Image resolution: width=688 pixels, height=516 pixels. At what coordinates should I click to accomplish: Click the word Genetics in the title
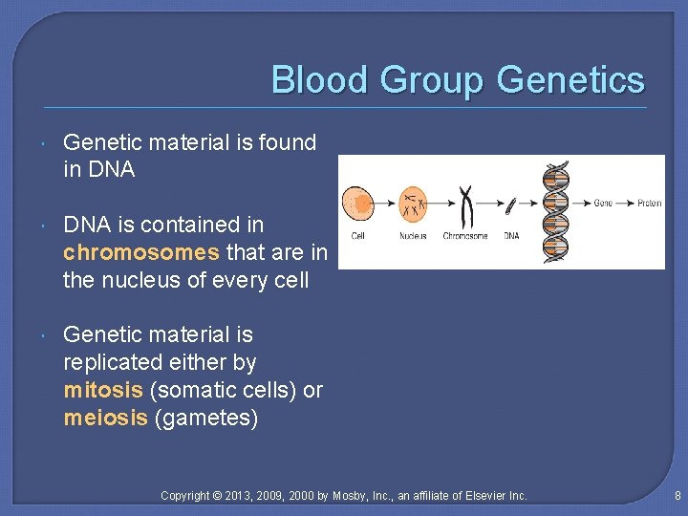(x=571, y=80)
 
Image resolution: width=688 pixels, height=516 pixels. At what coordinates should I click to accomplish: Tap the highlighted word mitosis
(x=102, y=390)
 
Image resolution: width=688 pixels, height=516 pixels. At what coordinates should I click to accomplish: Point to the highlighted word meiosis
(x=105, y=418)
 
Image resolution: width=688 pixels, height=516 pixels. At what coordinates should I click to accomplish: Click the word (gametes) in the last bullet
(x=205, y=418)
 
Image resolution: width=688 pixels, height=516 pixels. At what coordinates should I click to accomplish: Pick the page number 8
(x=677, y=495)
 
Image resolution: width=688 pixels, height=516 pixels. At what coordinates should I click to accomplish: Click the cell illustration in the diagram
(x=357, y=204)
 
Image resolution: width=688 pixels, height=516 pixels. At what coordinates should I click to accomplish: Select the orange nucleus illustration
(x=414, y=203)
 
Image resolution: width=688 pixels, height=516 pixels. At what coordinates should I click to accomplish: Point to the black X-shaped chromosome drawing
(x=466, y=204)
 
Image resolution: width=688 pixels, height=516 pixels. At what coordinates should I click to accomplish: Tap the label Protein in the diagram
(x=650, y=204)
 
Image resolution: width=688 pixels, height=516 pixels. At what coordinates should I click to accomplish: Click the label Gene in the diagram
(x=603, y=204)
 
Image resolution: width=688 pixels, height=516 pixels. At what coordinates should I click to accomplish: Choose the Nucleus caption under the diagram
(x=414, y=236)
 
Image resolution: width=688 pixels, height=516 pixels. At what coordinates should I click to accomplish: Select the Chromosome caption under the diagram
(x=465, y=236)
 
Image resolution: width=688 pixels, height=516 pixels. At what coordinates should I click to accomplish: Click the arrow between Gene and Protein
(x=625, y=204)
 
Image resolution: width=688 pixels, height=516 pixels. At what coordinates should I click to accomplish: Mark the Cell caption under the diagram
(x=357, y=236)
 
